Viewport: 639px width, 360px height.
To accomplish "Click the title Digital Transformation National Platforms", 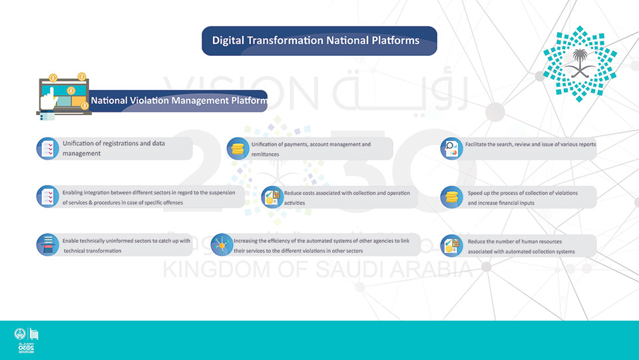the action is point(316,41).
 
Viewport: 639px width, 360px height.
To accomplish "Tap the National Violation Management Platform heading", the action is point(179,100).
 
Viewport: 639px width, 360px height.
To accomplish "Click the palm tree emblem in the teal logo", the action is point(580,63).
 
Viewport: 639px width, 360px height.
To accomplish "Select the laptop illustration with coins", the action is point(63,97).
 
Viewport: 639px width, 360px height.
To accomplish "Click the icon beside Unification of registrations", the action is point(48,148).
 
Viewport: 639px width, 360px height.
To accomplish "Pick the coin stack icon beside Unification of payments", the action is point(238,148).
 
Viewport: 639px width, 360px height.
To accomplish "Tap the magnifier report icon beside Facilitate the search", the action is point(451,148).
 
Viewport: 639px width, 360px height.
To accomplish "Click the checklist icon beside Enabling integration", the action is point(48,197).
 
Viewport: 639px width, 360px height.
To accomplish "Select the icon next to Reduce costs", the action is point(272,197).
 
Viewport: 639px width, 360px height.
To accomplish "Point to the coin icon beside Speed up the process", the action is point(451,197).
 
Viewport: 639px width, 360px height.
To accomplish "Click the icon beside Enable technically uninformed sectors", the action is point(48,245).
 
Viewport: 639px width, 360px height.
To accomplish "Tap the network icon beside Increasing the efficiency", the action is point(222,245).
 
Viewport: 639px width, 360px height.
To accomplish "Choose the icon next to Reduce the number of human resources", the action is point(451,246).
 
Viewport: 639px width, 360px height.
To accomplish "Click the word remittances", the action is point(266,154).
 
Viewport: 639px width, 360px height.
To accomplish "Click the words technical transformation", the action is point(93,251).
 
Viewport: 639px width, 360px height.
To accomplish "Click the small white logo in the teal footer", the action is point(27,340).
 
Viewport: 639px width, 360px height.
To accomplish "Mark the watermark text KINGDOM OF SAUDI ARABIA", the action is point(318,270).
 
